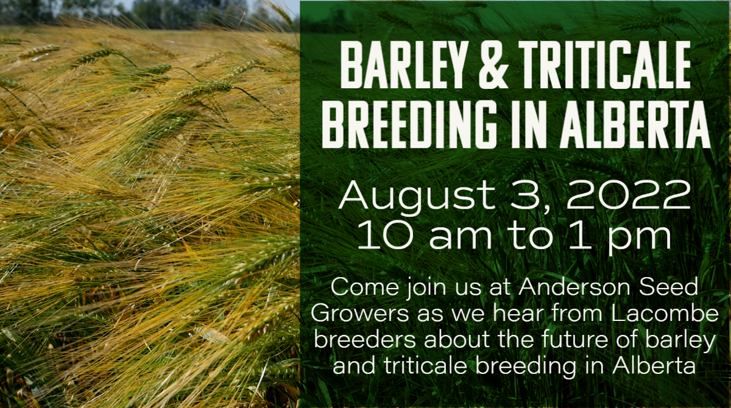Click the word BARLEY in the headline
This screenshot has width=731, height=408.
pyautogui.click(x=401, y=65)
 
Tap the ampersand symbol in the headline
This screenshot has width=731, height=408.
pyautogui.click(x=493, y=65)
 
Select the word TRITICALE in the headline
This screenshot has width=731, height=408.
pyautogui.click(x=604, y=65)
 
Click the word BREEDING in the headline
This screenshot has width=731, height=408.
pyautogui.click(x=408, y=124)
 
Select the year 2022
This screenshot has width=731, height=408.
pyautogui.click(x=629, y=195)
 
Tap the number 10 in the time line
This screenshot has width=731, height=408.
pyautogui.click(x=386, y=234)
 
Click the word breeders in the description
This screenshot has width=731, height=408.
pyautogui.click(x=365, y=339)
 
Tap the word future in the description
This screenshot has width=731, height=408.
pyautogui.click(x=575, y=339)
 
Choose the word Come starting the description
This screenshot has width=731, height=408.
pyautogui.click(x=365, y=287)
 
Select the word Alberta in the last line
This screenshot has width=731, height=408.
pyautogui.click(x=654, y=365)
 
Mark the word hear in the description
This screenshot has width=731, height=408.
pyautogui.click(x=519, y=313)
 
